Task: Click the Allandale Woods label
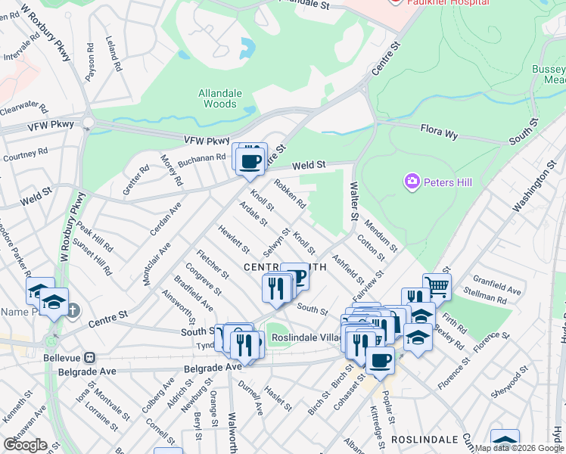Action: coord(220,98)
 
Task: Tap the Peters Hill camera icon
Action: coord(412,181)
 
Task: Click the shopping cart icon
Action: coord(437,287)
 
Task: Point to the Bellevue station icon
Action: coord(89,356)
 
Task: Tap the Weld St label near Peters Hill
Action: coord(309,164)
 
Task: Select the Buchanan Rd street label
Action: coord(202,158)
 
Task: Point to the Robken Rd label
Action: coord(290,194)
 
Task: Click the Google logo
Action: coord(25,445)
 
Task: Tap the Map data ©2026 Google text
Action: coord(518,448)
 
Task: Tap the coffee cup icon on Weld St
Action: coord(250,160)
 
